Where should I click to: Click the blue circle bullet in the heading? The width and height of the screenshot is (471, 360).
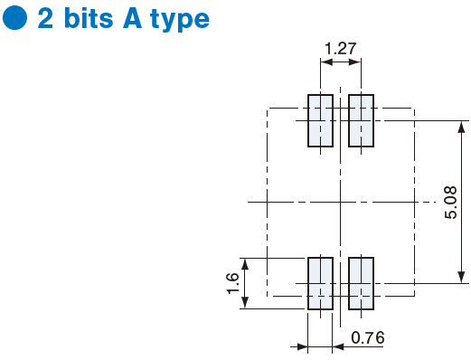click(14, 17)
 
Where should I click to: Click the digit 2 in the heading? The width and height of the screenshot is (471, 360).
click(45, 18)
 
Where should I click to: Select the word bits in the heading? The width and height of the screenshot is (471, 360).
click(89, 18)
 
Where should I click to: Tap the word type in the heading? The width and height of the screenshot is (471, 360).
click(180, 20)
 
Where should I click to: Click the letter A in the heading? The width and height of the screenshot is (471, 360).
click(132, 18)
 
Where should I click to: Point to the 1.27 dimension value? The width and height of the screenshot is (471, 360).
click(341, 49)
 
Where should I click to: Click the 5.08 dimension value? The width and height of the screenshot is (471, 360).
click(451, 203)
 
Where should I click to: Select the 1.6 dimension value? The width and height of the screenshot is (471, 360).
click(232, 283)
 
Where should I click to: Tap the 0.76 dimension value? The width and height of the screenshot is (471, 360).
click(368, 337)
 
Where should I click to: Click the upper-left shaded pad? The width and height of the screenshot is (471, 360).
click(320, 121)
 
